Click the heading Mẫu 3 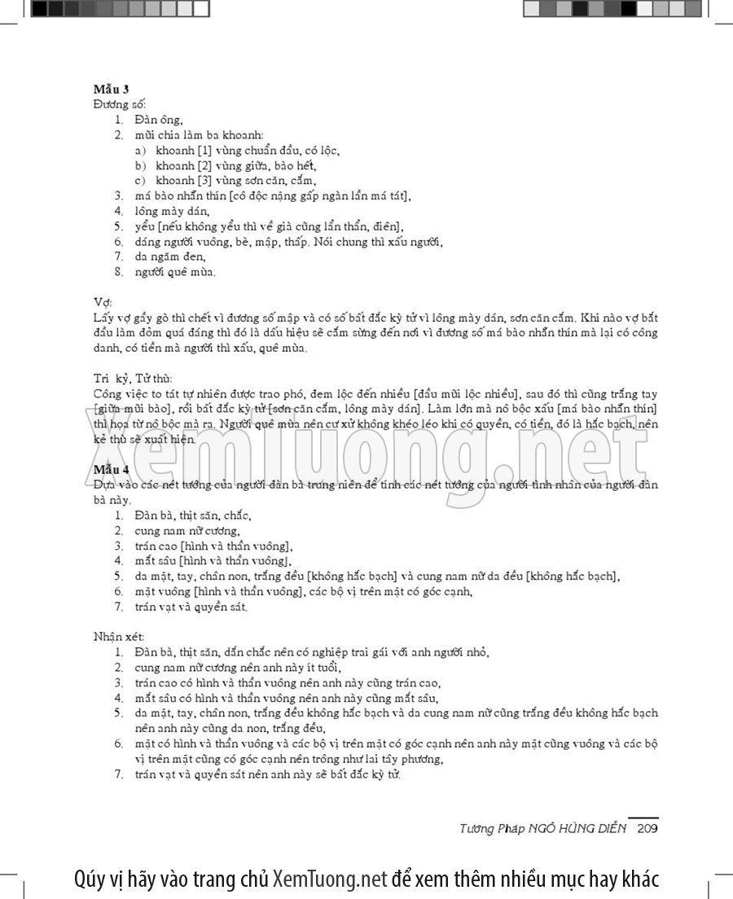point(111,89)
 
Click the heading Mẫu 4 point(111,469)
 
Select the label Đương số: point(119,104)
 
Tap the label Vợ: point(103,301)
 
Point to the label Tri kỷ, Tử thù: point(133,378)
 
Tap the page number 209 point(647,828)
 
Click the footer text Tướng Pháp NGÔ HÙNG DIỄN point(542,828)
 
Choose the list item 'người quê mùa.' point(176,271)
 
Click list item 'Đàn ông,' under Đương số point(159,120)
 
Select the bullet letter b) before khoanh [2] point(141,165)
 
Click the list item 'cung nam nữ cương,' point(182,531)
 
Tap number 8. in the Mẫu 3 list point(119,271)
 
